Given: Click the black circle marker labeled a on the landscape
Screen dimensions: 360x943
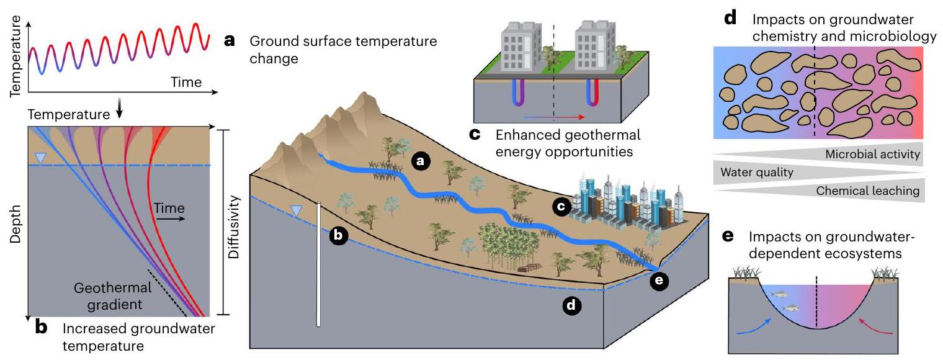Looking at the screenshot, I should (x=420, y=161).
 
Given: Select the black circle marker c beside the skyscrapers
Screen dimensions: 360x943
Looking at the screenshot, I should (x=561, y=210).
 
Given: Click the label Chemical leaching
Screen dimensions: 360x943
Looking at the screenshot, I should (x=867, y=191).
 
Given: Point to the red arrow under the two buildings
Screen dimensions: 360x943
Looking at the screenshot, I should (x=553, y=116).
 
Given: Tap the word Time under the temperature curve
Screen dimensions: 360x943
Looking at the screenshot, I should (x=186, y=82).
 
